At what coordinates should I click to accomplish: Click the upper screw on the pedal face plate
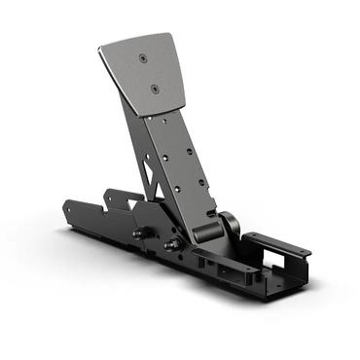point(143,59)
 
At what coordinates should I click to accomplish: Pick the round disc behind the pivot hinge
point(231,224)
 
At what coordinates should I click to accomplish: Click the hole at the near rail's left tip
point(71,208)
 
